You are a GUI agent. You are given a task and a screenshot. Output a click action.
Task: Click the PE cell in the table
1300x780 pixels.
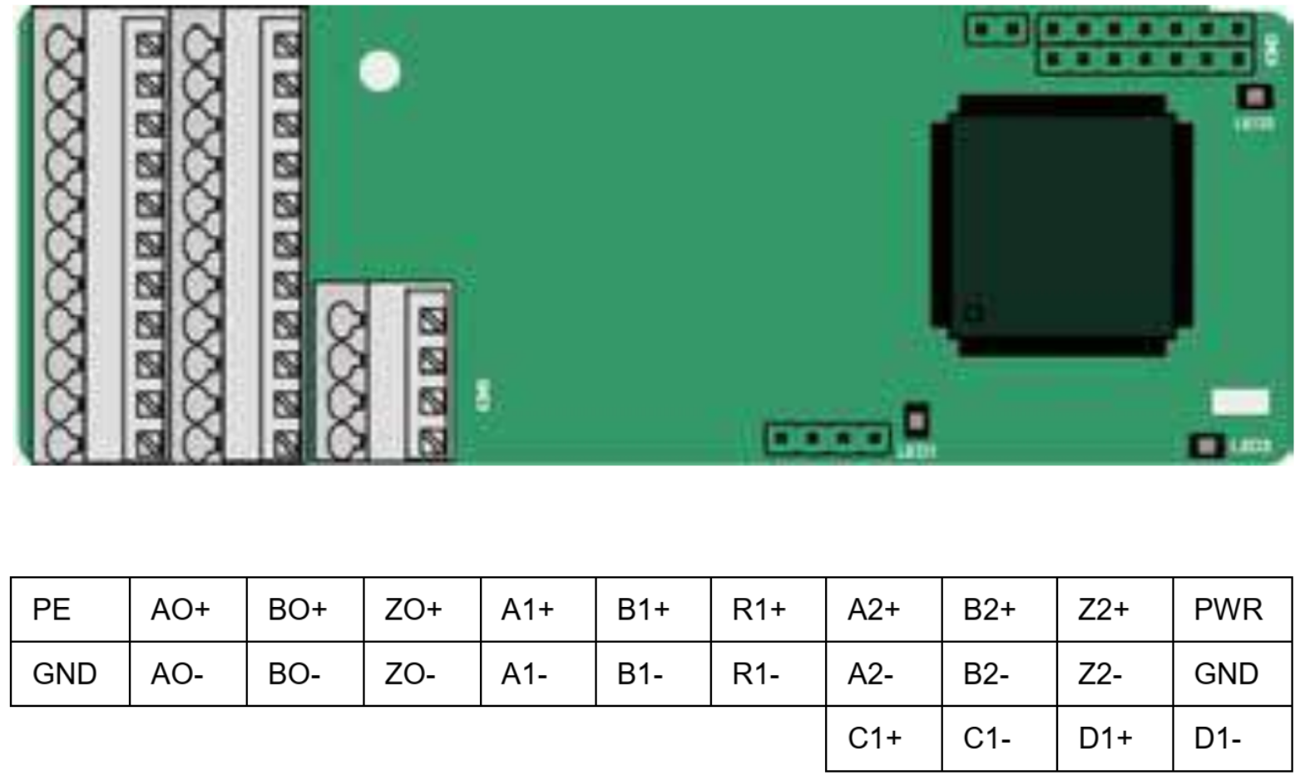[x=70, y=610]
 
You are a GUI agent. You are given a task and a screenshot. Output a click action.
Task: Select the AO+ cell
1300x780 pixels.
[x=188, y=610]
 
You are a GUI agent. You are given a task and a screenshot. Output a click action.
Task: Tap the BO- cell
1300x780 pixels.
[x=304, y=674]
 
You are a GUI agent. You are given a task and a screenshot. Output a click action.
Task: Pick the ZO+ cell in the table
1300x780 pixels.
[x=422, y=610]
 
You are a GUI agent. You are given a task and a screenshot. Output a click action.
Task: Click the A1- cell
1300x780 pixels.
[x=538, y=674]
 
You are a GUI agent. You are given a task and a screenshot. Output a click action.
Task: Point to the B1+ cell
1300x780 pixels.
[x=653, y=610]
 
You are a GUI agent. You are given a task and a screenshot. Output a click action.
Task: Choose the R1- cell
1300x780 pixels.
[x=768, y=674]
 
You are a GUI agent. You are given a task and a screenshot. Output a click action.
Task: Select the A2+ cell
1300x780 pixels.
[x=883, y=610]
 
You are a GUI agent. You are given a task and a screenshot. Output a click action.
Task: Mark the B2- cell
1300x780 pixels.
[x=999, y=674]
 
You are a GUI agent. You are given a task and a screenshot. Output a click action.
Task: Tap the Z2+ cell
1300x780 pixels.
[x=1115, y=610]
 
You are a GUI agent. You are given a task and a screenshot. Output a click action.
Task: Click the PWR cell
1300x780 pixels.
[x=1232, y=610]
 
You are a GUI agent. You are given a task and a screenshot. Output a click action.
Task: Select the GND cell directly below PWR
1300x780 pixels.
[x=1232, y=674]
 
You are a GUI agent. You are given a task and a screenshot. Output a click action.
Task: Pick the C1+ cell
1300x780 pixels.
[x=883, y=738]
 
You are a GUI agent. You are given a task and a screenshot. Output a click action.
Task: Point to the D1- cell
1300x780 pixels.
[x=1232, y=738]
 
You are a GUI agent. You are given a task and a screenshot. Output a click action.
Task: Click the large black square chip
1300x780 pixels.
[x=1061, y=225]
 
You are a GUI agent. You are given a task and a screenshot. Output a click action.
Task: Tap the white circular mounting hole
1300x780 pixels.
[x=379, y=72]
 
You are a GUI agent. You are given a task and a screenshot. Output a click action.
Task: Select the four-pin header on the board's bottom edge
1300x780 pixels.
[x=828, y=438]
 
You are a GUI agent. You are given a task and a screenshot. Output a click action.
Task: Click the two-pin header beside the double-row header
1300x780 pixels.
[x=996, y=30]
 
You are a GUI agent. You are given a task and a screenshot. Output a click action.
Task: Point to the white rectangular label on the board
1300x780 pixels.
[x=1241, y=402]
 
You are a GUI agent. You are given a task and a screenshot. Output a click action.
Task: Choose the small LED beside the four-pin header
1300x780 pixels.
[x=916, y=420]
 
